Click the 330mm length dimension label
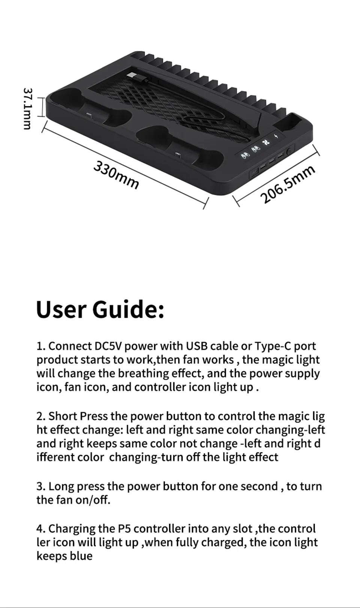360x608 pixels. coord(116,175)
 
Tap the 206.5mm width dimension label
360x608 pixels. coord(288,184)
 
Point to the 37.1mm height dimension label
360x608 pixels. coord(27,109)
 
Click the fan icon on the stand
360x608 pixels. coord(267,142)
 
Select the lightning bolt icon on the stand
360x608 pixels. coord(276,136)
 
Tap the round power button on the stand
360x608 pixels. coord(289,152)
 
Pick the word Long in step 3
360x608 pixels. coord(60,486)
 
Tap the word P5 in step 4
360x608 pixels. coord(124,529)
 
